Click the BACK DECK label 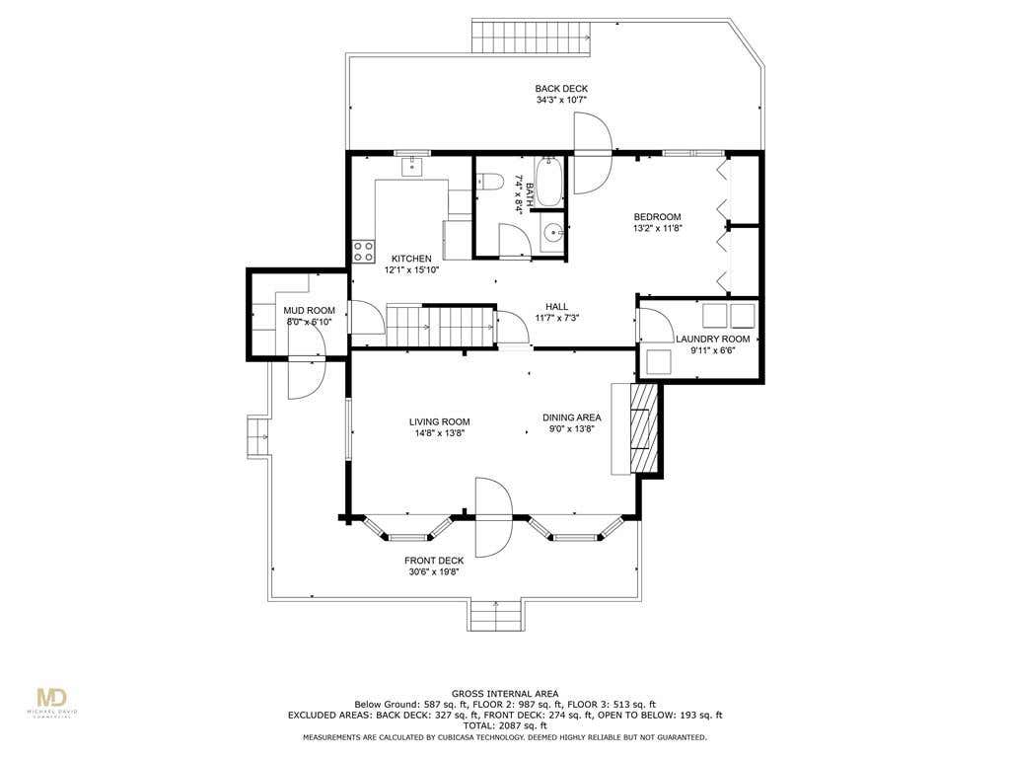pos(561,88)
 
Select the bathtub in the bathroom pos(548,182)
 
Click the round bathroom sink pos(552,232)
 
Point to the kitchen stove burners pos(364,251)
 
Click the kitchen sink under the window pos(411,166)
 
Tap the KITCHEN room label pos(411,259)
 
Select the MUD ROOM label pos(309,311)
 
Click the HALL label pos(556,307)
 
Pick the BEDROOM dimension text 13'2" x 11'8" pos(657,228)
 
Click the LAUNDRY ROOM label pos(712,340)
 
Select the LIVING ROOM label pos(439,422)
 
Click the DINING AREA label pos(571,417)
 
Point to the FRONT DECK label pos(434,561)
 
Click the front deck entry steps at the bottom pos(495,615)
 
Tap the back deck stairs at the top pos(531,37)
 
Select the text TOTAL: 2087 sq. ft pos(505,725)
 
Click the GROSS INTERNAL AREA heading pos(505,694)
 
